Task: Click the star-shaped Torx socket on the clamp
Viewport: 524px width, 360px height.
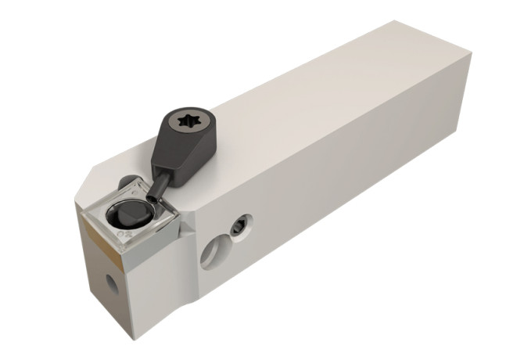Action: click(190, 124)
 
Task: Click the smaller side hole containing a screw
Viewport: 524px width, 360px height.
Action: click(235, 229)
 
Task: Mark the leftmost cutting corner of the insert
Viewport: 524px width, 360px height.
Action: click(81, 205)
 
